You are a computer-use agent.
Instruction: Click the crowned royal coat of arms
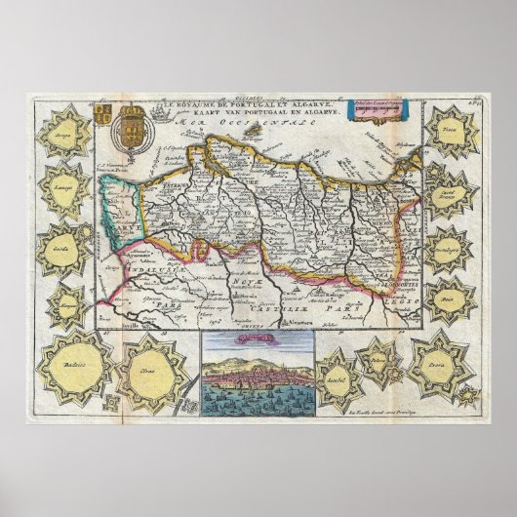(134, 130)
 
